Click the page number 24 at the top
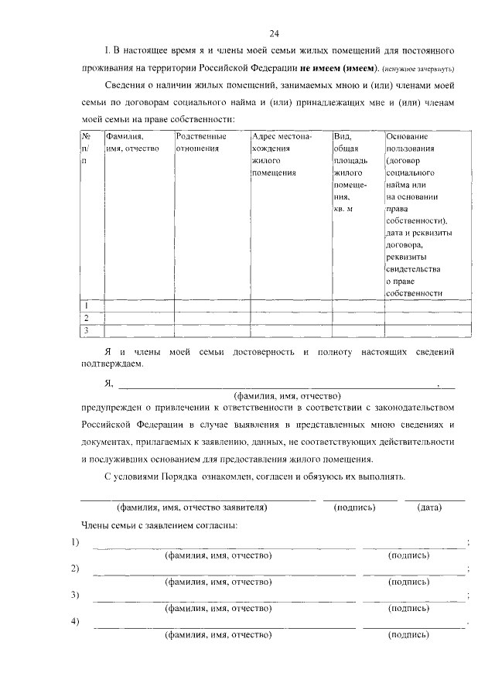[274, 33]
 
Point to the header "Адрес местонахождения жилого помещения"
[282, 155]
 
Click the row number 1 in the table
[87, 306]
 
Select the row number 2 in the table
[87, 318]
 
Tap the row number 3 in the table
[87, 331]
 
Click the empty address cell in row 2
[290, 318]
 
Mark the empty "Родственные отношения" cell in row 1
[211, 306]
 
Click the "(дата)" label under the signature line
[428, 508]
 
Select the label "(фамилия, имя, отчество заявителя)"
[192, 508]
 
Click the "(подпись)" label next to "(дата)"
[354, 508]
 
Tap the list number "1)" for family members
[75, 541]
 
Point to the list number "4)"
[75, 622]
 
